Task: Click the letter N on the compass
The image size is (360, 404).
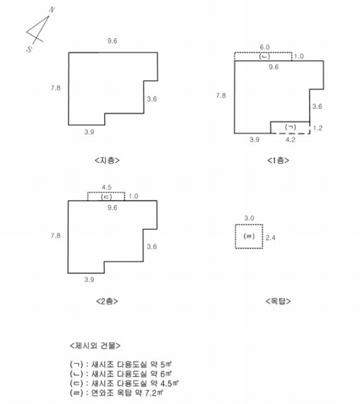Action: point(52,10)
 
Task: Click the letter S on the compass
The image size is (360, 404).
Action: point(30,49)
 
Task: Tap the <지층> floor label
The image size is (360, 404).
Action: point(107,160)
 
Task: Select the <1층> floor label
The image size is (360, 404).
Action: point(278,160)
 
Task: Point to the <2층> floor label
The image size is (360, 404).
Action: point(107,301)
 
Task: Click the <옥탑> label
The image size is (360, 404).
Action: point(278,301)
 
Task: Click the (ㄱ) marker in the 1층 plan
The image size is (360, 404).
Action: point(291,127)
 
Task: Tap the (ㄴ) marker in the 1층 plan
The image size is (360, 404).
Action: point(264,56)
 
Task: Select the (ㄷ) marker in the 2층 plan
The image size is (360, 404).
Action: point(106,197)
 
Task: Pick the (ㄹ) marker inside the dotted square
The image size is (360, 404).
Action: point(249,236)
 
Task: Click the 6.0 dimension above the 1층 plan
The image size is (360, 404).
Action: point(264,47)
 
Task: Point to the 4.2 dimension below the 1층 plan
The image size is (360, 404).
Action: point(291,139)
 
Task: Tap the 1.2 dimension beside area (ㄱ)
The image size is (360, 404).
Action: point(318,128)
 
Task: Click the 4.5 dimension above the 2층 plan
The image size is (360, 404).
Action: point(106,187)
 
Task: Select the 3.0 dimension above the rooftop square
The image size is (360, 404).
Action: point(249,218)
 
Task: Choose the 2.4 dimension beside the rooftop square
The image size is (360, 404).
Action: point(271,238)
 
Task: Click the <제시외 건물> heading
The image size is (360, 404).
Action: point(95,345)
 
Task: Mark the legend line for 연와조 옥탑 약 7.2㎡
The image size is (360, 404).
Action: point(117,393)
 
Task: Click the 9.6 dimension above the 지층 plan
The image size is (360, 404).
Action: point(112,41)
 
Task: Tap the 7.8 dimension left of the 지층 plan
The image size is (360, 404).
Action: point(56,88)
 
